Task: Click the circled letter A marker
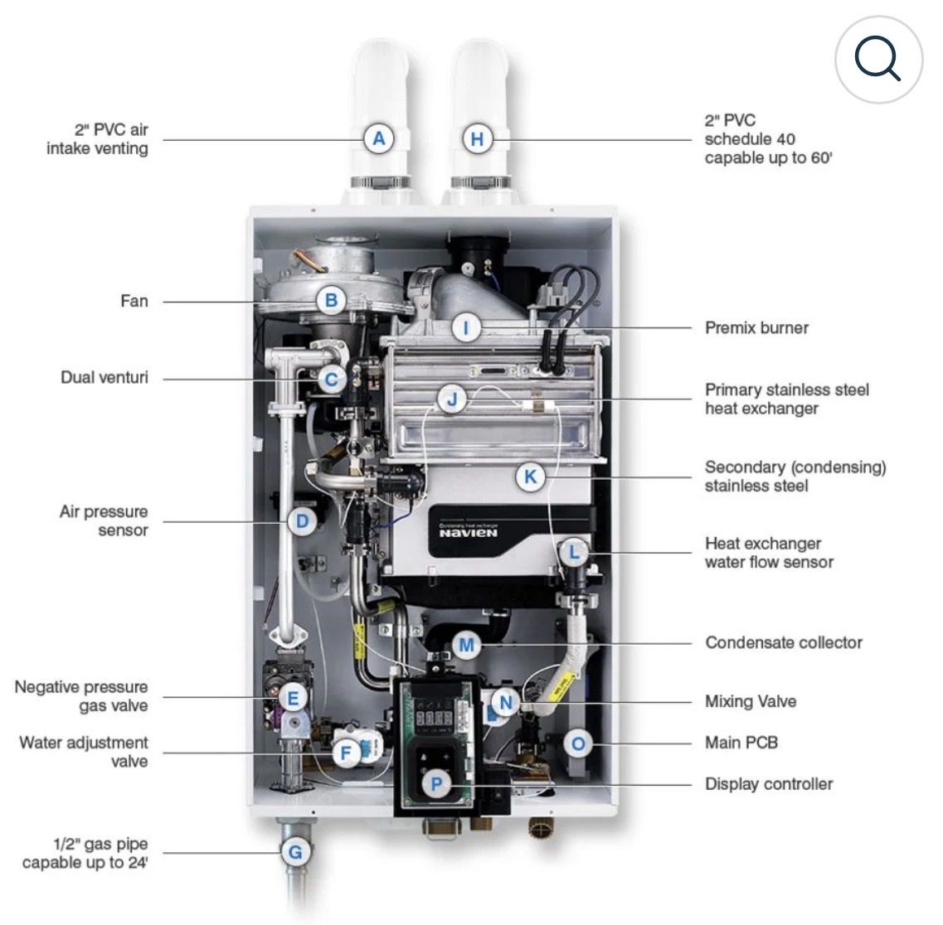click(379, 138)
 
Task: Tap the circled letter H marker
click(477, 138)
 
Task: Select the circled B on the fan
click(331, 300)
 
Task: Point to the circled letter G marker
click(294, 851)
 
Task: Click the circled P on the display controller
click(436, 783)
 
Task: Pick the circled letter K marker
click(530, 477)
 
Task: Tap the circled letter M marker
click(466, 644)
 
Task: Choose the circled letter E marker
click(292, 698)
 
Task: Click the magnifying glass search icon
click(877, 60)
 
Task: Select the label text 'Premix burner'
click(756, 327)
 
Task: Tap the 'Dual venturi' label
click(105, 378)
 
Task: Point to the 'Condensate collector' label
click(784, 642)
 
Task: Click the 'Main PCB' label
click(741, 743)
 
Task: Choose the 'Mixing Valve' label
click(751, 701)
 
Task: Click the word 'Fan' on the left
click(134, 300)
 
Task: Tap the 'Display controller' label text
click(769, 783)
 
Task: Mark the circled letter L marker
click(574, 552)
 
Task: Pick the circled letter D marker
click(302, 521)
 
